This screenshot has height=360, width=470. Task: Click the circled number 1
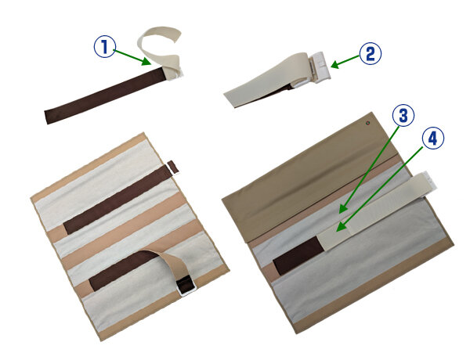(x=105, y=47)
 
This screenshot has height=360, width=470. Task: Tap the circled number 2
(x=371, y=54)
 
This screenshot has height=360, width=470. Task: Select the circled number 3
(x=403, y=115)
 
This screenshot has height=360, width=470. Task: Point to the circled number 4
(x=433, y=139)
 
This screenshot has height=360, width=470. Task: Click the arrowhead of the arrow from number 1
(x=147, y=61)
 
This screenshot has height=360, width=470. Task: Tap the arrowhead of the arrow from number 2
(x=335, y=64)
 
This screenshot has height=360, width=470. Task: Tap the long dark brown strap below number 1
(x=105, y=95)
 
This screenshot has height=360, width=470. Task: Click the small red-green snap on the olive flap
(x=368, y=123)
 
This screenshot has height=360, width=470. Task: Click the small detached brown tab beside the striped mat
(x=173, y=167)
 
